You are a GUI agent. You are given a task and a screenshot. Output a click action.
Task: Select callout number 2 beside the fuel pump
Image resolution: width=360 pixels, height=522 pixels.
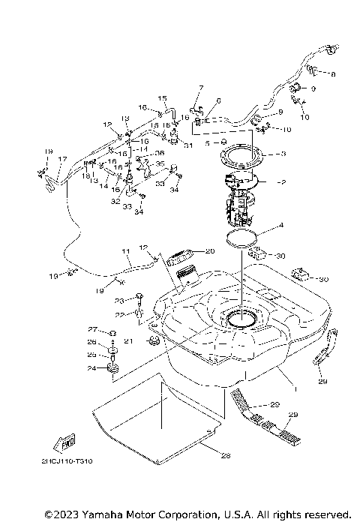click(x=283, y=182)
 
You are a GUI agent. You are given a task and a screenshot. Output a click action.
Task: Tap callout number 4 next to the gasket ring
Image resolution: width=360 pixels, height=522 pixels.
click(x=281, y=224)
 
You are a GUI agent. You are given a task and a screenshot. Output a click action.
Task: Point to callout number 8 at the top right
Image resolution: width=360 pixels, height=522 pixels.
click(x=333, y=74)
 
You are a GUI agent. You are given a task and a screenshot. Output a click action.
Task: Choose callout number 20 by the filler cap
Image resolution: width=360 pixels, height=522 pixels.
click(x=210, y=250)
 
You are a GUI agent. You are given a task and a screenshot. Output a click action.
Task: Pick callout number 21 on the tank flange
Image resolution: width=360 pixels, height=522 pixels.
click(x=128, y=340)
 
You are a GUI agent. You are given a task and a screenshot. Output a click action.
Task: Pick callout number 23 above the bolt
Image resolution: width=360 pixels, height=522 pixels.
click(x=118, y=301)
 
